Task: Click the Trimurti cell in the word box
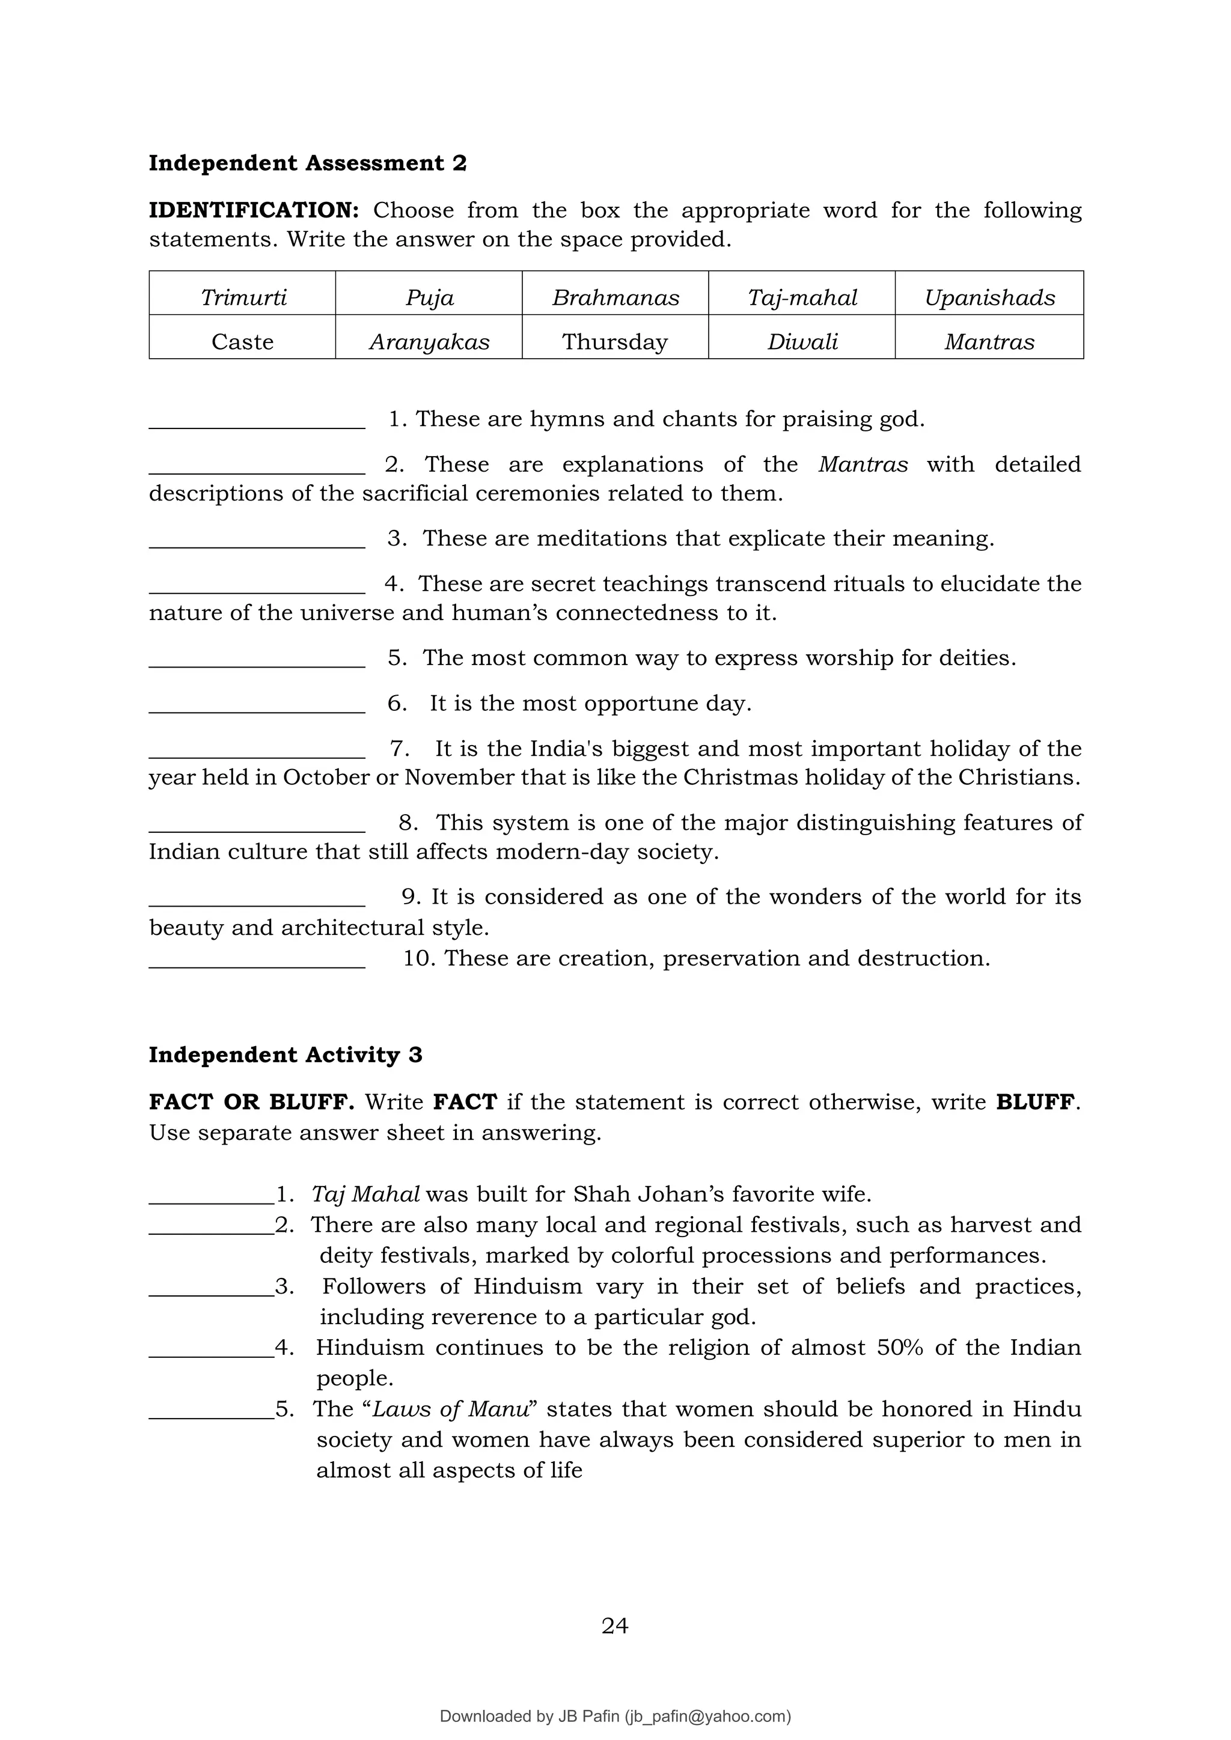pos(243,297)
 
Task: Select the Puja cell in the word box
pos(429,297)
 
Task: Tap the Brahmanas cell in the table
pos(615,297)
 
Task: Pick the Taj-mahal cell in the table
pos(802,297)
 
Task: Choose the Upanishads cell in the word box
pos(989,297)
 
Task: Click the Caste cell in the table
pos(243,341)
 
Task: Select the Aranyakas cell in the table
pos(429,341)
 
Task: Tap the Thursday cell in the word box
pos(615,341)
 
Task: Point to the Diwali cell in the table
pos(802,341)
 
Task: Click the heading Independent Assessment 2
pos(307,163)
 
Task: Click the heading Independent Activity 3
pos(285,1054)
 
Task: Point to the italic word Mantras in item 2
pos(863,464)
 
